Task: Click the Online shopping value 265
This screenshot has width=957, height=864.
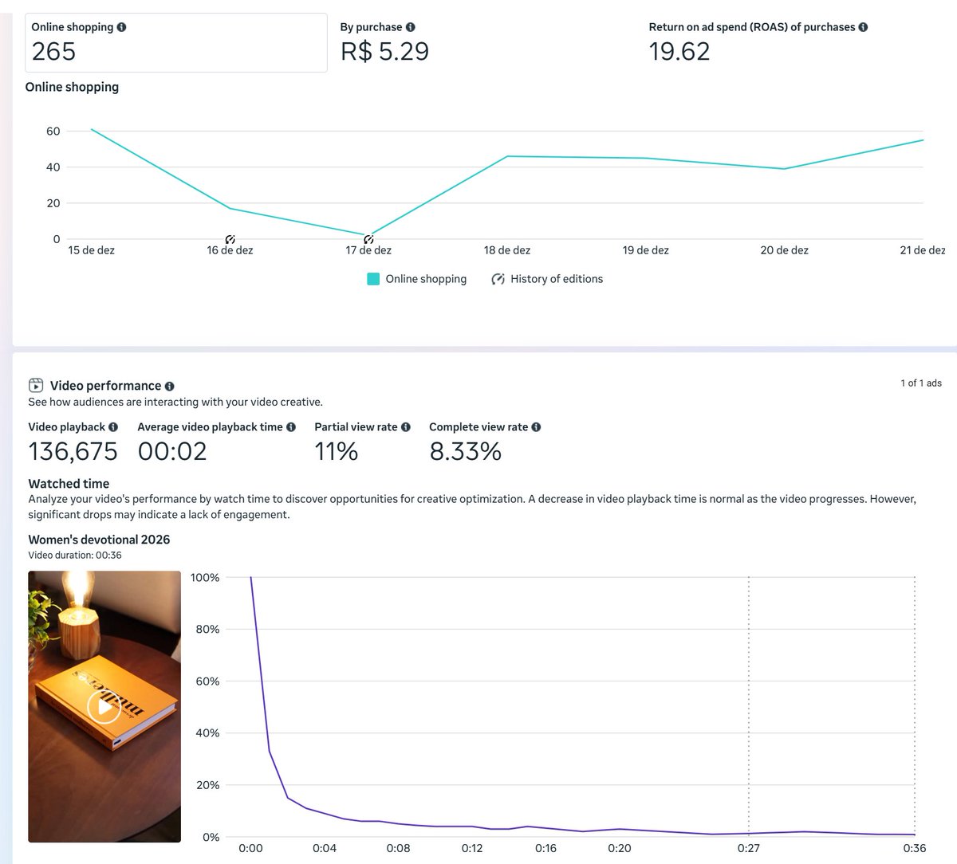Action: click(53, 52)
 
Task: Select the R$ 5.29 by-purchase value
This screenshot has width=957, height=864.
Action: click(384, 52)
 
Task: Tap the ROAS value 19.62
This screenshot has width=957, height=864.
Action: click(679, 52)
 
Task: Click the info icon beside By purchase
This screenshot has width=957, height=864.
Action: click(410, 27)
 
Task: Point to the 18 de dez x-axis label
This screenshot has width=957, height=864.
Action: click(506, 250)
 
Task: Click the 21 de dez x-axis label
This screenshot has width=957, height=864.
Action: click(922, 250)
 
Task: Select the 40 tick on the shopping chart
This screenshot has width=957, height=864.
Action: click(53, 167)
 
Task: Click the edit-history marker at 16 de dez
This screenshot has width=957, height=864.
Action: click(230, 240)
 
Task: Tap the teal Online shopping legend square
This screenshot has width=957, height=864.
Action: click(373, 279)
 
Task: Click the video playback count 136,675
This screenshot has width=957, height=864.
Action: click(73, 452)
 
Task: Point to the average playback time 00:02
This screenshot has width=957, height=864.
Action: click(172, 452)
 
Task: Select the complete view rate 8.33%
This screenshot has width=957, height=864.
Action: click(465, 452)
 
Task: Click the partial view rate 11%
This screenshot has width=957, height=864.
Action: click(336, 452)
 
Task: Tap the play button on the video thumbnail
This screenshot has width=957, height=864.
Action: click(104, 706)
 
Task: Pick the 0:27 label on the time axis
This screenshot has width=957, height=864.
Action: click(748, 848)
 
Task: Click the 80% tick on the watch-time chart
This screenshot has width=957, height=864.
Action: click(207, 630)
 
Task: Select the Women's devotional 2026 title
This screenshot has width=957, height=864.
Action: click(99, 540)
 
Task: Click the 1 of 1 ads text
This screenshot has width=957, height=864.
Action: click(920, 383)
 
